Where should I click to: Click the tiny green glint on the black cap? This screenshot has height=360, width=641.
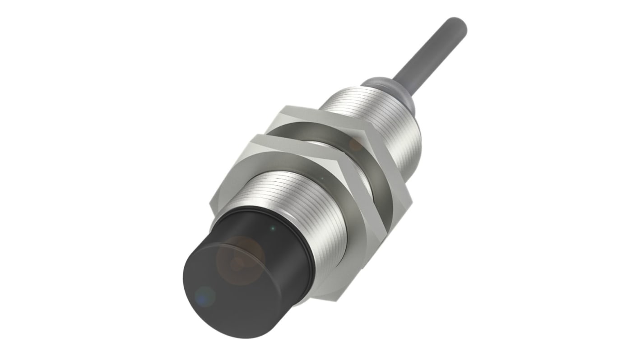click(272, 229)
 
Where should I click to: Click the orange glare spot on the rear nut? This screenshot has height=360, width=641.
click(356, 144)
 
